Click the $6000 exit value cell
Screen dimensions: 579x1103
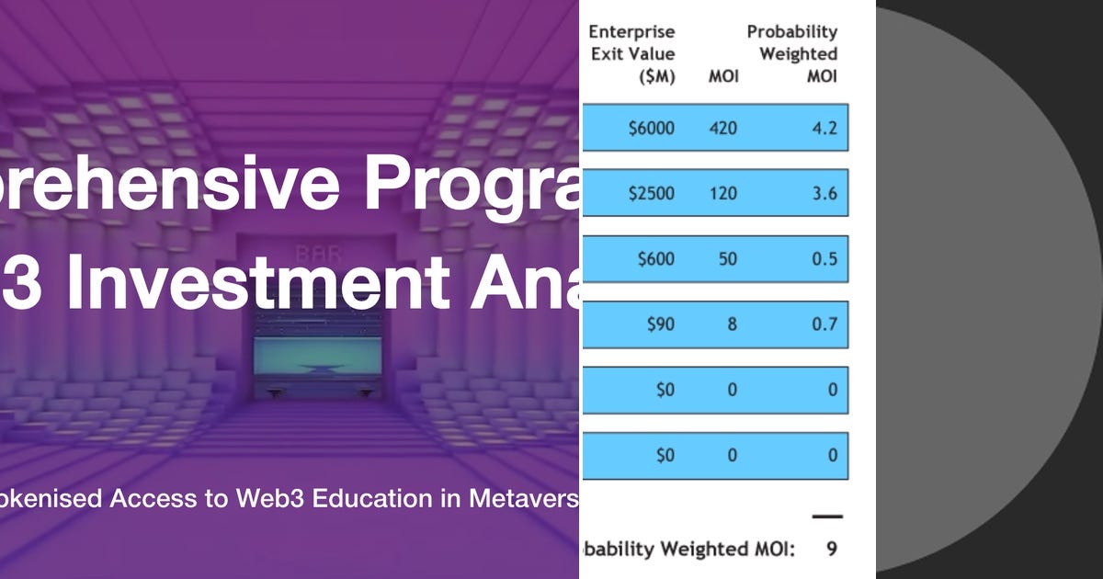(x=651, y=128)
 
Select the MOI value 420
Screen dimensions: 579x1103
(x=722, y=128)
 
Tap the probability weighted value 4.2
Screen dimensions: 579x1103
(x=824, y=128)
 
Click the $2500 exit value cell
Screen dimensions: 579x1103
(x=651, y=194)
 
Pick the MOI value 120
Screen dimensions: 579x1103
(x=722, y=194)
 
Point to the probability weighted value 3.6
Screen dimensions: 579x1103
(x=824, y=194)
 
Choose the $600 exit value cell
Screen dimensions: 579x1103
(x=655, y=259)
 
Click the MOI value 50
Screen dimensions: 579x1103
(x=727, y=259)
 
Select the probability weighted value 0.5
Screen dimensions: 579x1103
(x=824, y=259)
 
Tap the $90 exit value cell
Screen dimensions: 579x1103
(x=659, y=324)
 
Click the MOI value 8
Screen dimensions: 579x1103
(x=732, y=324)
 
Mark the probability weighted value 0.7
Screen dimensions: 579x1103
(x=824, y=324)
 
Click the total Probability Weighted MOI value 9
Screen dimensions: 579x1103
(x=831, y=549)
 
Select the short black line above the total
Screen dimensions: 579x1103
(x=827, y=517)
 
